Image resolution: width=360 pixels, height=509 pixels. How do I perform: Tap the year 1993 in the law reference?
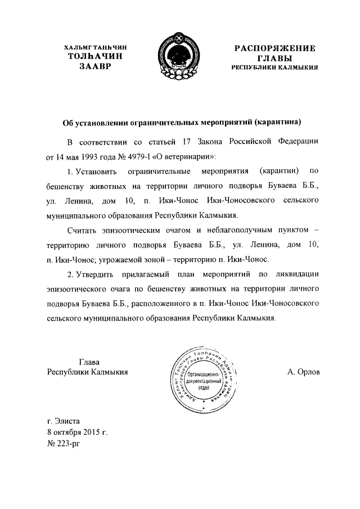pos(90,155)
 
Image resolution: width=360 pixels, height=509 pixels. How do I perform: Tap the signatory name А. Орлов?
pos(303,372)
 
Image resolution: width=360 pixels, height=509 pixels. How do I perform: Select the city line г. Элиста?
pos(64,420)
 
